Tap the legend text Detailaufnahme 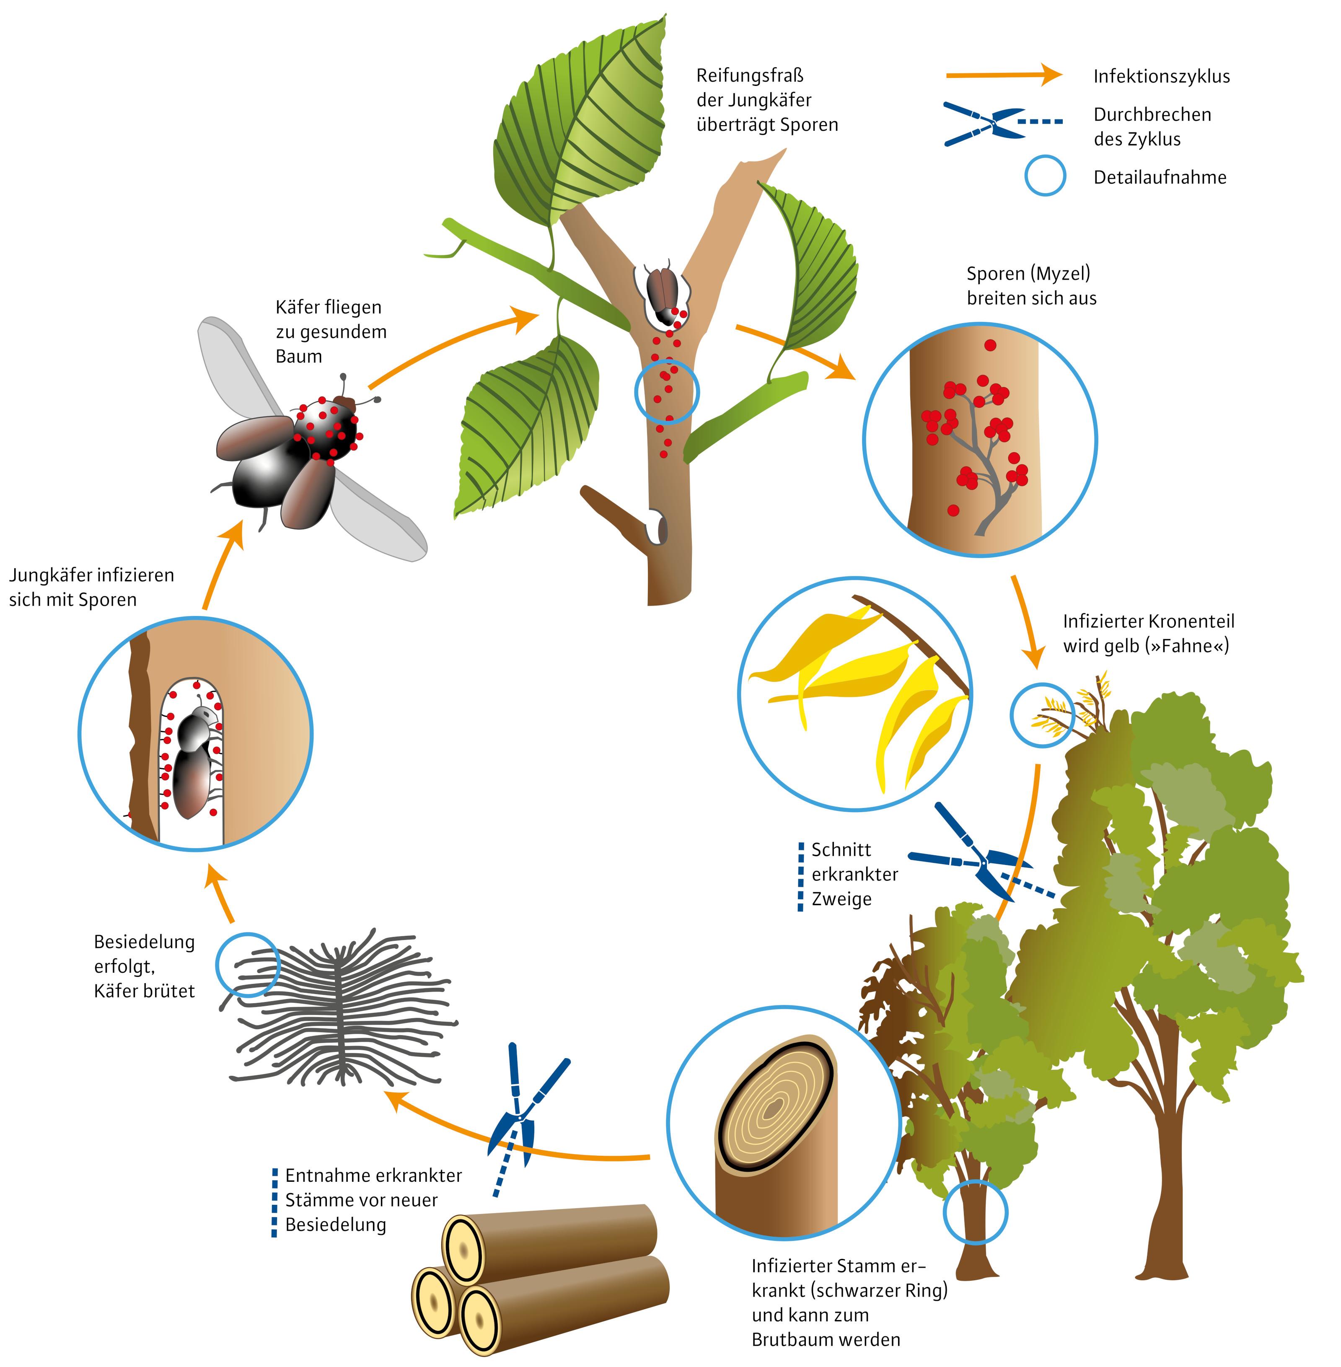(x=1159, y=178)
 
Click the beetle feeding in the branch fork (x=663, y=292)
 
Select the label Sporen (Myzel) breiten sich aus (x=1031, y=286)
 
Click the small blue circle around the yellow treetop (x=1042, y=715)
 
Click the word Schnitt (x=841, y=850)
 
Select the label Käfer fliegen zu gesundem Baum (x=330, y=332)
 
